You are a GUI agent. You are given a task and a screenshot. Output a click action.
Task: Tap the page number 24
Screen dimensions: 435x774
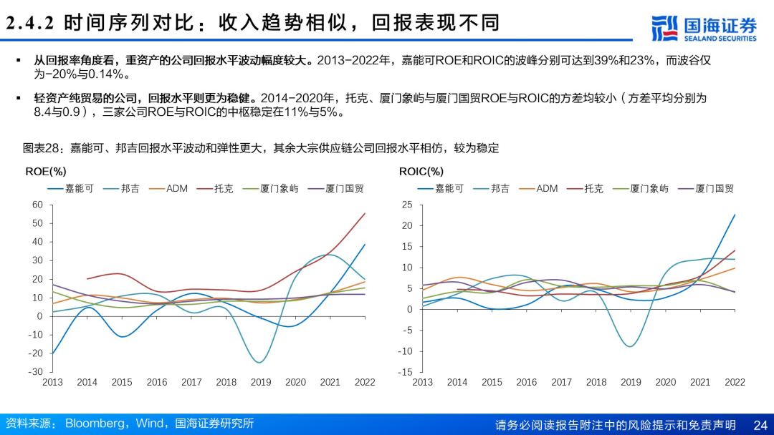click(x=760, y=425)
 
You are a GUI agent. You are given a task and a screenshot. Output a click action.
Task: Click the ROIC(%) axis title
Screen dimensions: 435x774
click(x=421, y=172)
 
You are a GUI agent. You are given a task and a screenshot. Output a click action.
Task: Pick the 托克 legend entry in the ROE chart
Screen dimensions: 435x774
click(x=223, y=189)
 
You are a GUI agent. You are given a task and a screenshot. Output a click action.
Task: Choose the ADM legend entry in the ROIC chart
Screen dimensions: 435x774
click(x=547, y=189)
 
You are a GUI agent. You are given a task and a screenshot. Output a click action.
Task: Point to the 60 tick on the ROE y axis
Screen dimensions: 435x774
click(x=37, y=205)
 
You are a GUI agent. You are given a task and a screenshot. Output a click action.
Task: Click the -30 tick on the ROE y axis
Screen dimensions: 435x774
click(x=35, y=372)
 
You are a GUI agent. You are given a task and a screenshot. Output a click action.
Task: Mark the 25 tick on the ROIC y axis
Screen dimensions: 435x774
click(x=406, y=205)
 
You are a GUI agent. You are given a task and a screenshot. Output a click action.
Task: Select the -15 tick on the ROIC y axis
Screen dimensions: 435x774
click(x=405, y=372)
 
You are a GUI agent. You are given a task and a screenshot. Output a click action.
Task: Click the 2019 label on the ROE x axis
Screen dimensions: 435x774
click(x=261, y=383)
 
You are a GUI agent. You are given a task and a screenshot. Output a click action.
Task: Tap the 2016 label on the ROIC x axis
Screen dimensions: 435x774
click(x=527, y=383)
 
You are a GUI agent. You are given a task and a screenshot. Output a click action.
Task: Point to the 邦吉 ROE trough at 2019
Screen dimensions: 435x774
click(x=260, y=363)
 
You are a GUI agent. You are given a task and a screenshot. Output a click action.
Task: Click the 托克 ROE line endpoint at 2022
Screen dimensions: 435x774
click(x=365, y=213)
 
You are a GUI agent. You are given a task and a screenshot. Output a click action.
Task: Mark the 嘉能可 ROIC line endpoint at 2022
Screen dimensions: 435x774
click(x=735, y=215)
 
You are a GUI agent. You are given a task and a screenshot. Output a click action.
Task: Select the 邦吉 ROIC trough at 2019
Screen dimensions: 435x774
click(x=630, y=347)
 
